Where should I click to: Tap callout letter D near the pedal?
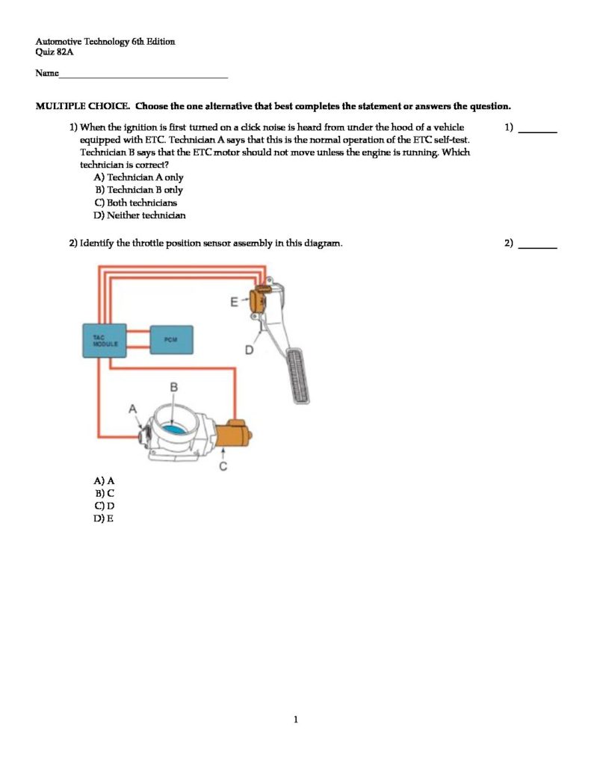tap(250, 350)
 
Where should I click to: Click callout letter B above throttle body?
tap(173, 387)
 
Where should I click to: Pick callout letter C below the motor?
tap(223, 467)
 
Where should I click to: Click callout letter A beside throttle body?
tap(133, 409)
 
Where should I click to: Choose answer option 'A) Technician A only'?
tap(138, 178)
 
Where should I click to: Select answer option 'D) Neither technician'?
tap(140, 216)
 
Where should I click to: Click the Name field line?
tap(142, 76)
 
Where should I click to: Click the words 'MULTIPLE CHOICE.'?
tap(83, 107)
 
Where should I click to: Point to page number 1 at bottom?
tap(296, 720)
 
